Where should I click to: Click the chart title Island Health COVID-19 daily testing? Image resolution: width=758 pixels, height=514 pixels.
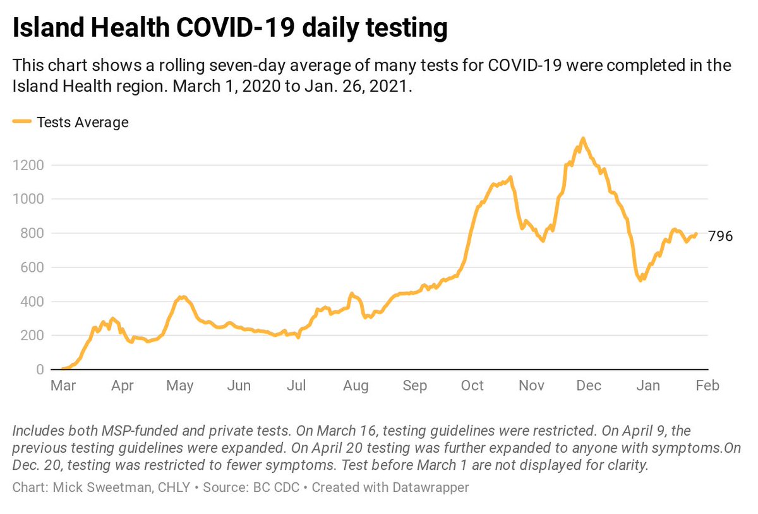(x=231, y=28)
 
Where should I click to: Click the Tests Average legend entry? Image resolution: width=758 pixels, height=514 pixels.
(x=82, y=123)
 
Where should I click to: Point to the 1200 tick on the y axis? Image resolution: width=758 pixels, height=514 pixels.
(x=27, y=165)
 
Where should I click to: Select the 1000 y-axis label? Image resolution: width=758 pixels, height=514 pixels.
(x=27, y=199)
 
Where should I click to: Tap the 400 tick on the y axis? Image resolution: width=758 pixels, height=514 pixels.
(x=30, y=302)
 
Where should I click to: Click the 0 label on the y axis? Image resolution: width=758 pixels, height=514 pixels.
(x=39, y=370)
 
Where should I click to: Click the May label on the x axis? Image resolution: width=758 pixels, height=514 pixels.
(x=180, y=386)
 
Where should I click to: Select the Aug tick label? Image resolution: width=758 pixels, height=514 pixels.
(x=356, y=386)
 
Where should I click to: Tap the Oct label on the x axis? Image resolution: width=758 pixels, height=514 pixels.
(x=472, y=386)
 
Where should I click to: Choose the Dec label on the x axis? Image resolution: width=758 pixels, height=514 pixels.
(x=589, y=386)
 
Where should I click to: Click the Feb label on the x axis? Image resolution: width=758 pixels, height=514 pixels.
(x=707, y=386)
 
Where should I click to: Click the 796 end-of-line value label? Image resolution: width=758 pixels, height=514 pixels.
(x=720, y=236)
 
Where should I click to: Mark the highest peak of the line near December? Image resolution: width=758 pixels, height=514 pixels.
(x=582, y=138)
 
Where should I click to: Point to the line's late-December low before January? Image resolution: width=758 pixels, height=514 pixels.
(x=641, y=279)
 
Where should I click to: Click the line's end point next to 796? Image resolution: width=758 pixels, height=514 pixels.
(x=696, y=235)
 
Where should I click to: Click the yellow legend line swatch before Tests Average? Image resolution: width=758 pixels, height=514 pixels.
(x=23, y=123)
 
